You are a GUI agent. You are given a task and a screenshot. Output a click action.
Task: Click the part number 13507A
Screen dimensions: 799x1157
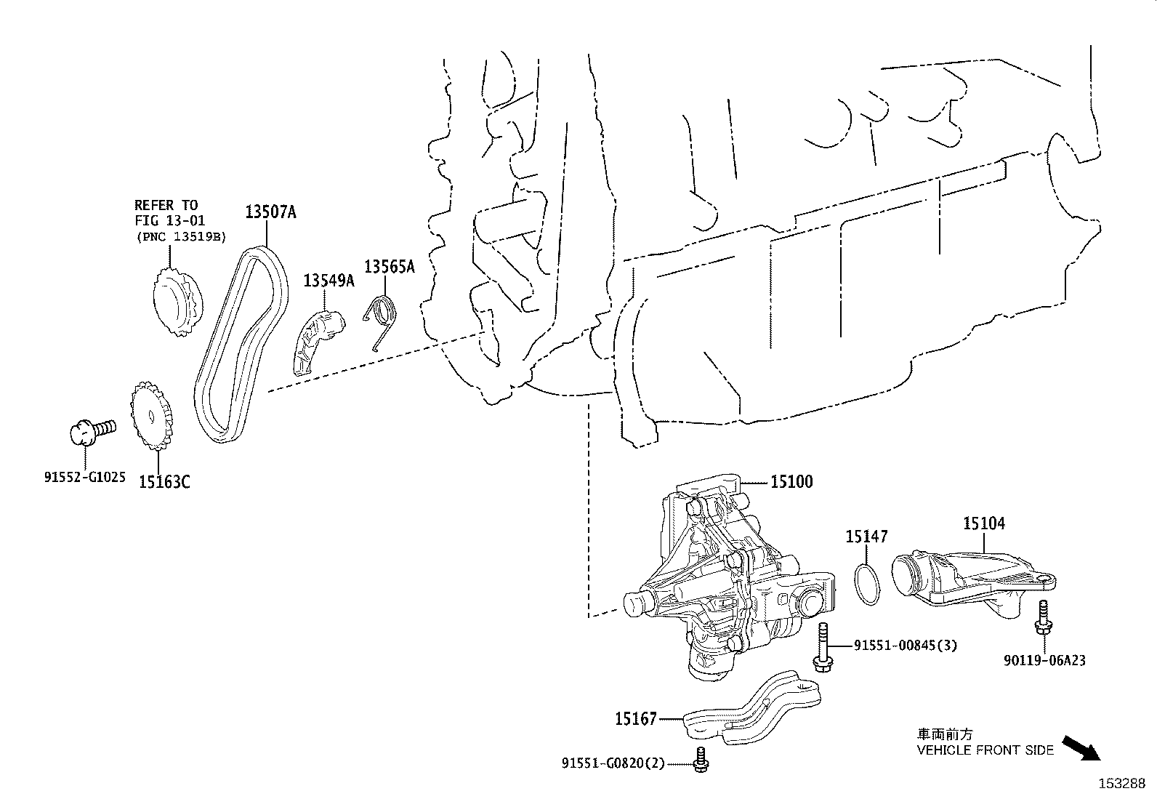point(270,212)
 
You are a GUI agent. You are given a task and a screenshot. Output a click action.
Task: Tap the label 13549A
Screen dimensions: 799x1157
point(328,281)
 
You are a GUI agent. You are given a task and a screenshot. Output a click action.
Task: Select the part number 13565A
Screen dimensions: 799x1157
point(389,267)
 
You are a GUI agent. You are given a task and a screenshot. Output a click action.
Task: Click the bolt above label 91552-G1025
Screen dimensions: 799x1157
point(91,430)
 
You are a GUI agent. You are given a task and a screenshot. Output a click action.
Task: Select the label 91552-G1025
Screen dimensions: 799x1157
point(85,478)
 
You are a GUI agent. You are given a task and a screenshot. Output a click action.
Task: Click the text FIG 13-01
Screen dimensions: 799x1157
point(170,220)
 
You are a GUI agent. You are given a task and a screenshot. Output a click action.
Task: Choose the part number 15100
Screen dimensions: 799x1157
point(791,481)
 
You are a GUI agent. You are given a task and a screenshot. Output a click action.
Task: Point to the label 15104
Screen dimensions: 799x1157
point(984,523)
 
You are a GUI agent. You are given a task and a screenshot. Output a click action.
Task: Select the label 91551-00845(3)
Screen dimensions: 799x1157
point(905,645)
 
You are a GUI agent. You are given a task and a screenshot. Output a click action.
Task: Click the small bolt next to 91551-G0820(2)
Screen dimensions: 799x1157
point(701,760)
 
